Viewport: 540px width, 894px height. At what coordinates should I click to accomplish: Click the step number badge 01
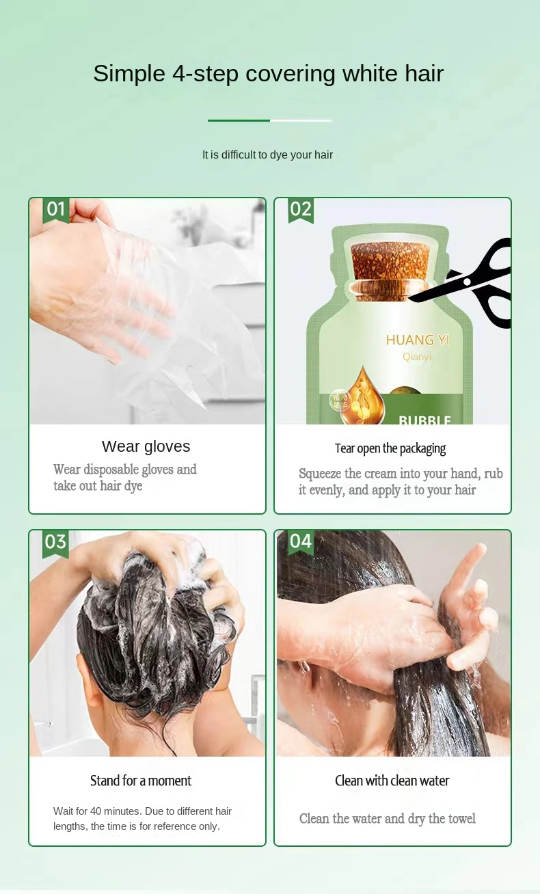(x=56, y=211)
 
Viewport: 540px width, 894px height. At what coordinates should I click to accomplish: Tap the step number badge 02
(x=301, y=211)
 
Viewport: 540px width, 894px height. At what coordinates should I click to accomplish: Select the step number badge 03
(x=55, y=543)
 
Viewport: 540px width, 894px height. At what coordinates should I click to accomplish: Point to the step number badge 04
(x=301, y=543)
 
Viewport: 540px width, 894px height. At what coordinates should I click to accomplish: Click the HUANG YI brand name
(x=418, y=340)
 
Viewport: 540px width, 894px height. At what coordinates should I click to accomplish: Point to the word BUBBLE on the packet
(x=424, y=420)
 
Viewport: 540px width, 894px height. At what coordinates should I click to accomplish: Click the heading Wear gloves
(x=146, y=446)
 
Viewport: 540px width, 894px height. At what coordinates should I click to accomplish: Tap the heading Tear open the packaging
(x=390, y=448)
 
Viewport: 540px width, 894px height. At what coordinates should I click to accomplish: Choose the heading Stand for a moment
(x=141, y=781)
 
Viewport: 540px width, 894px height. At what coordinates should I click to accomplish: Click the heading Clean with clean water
(x=392, y=781)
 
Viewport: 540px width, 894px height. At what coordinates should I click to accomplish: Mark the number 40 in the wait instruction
(x=96, y=811)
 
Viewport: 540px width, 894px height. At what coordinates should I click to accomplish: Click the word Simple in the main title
(x=129, y=74)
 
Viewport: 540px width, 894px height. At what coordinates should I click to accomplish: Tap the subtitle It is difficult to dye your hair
(x=267, y=155)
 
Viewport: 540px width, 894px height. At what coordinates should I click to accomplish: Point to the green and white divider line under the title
(x=269, y=120)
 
